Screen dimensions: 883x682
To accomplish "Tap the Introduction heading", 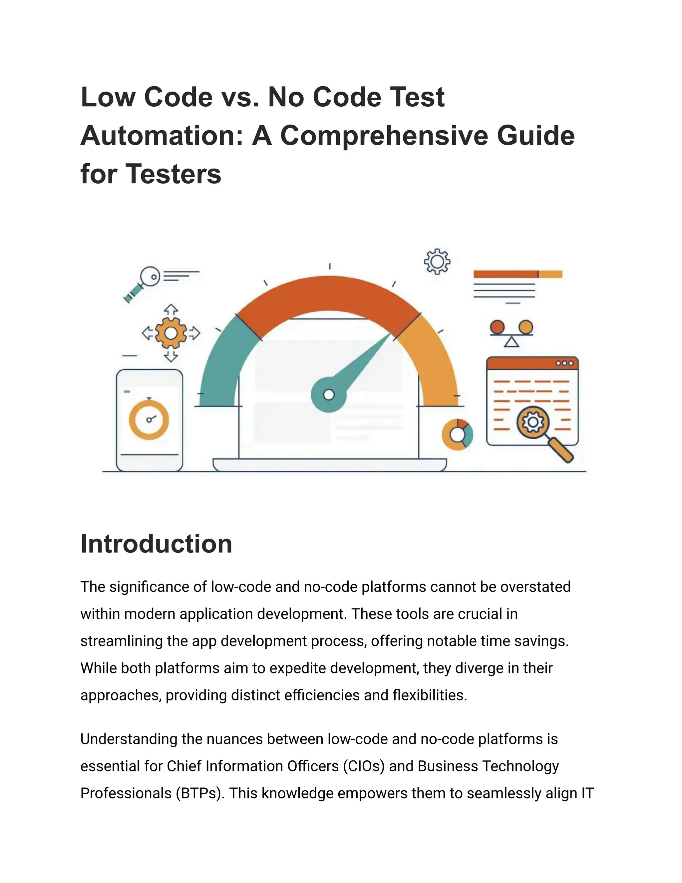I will coord(157,543).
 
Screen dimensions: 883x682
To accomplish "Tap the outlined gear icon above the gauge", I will coord(437,262).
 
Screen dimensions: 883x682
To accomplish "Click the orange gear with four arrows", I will coord(171,333).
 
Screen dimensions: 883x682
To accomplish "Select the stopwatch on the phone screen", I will coord(149,419).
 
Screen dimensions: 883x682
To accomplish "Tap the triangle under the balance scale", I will coord(511,343).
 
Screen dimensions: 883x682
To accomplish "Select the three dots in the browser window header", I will coord(564,363).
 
